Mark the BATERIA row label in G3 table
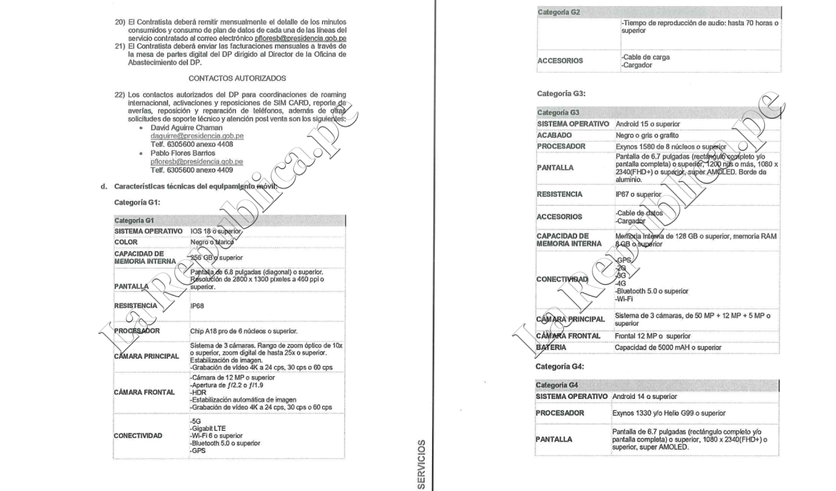[x=552, y=347]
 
